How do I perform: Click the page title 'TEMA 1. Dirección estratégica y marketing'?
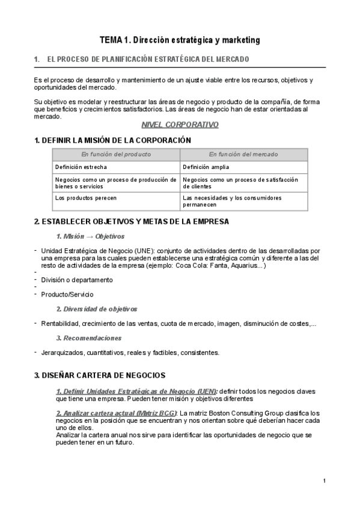[180, 40]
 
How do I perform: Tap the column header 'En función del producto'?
[116, 155]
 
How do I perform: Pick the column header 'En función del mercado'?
[244, 155]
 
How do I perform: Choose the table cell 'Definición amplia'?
[206, 167]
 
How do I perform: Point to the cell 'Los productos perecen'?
[85, 197]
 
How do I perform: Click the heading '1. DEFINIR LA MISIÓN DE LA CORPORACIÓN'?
[112, 140]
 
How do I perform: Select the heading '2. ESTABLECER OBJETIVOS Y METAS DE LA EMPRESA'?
[132, 221]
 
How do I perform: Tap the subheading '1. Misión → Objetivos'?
[90, 236]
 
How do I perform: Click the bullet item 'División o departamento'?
[77, 280]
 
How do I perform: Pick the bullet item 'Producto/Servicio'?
[67, 294]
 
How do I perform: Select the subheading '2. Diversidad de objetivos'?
[96, 309]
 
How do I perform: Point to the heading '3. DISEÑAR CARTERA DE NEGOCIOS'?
[100, 375]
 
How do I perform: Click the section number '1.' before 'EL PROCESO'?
[37, 60]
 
